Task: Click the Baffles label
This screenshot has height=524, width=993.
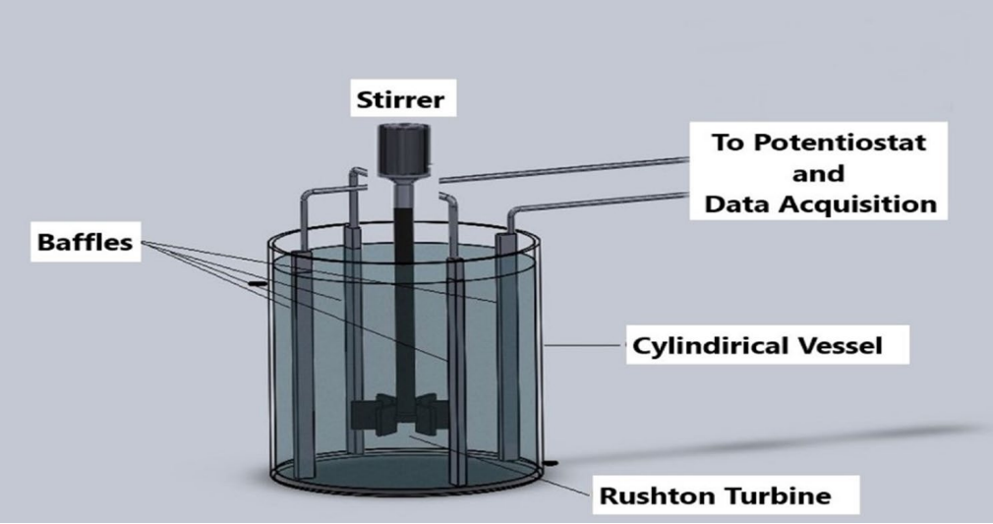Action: click(84, 242)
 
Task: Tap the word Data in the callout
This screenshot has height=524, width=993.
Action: click(749, 204)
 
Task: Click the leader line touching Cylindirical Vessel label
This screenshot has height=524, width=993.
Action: click(588, 345)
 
